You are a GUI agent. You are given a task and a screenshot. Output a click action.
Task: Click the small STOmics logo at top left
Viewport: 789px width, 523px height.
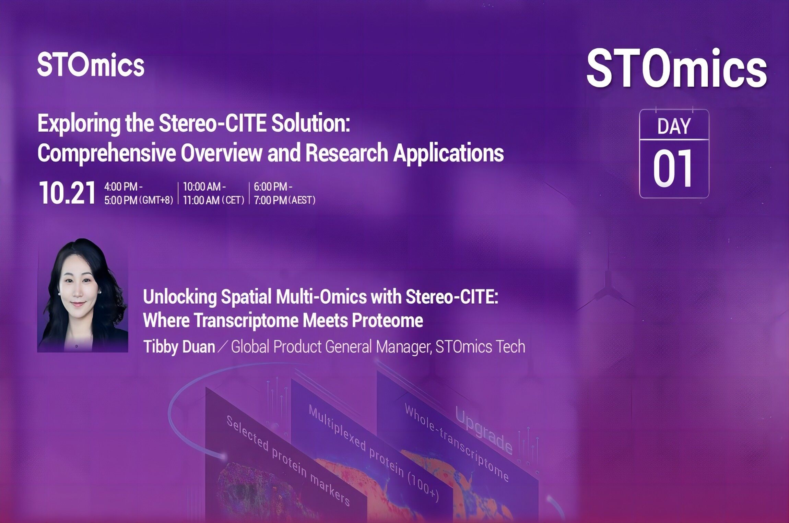coord(91,64)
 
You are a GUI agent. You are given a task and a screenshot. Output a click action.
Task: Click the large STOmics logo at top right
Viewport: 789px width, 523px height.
coord(677,68)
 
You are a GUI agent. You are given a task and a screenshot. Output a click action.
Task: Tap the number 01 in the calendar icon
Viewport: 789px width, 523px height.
coord(673,169)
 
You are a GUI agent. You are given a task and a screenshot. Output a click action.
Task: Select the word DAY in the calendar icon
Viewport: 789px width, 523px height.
coord(674,126)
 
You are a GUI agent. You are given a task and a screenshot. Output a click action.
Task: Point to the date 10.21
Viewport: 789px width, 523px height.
coord(67,193)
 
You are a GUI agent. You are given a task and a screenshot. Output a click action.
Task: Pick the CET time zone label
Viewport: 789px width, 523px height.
coord(233,200)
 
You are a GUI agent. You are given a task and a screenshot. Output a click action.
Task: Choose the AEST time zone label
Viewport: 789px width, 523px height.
coord(302,200)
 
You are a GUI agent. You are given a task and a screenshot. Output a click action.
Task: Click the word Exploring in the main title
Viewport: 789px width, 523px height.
coord(79,124)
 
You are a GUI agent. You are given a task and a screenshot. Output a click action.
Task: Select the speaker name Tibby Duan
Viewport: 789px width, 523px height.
coord(179,346)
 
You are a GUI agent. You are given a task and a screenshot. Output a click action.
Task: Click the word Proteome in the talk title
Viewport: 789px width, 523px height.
coord(387,320)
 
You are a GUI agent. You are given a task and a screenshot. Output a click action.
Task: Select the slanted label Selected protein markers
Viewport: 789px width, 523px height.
coord(288,461)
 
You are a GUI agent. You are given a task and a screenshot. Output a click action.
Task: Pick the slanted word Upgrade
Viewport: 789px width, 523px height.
coord(484,429)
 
